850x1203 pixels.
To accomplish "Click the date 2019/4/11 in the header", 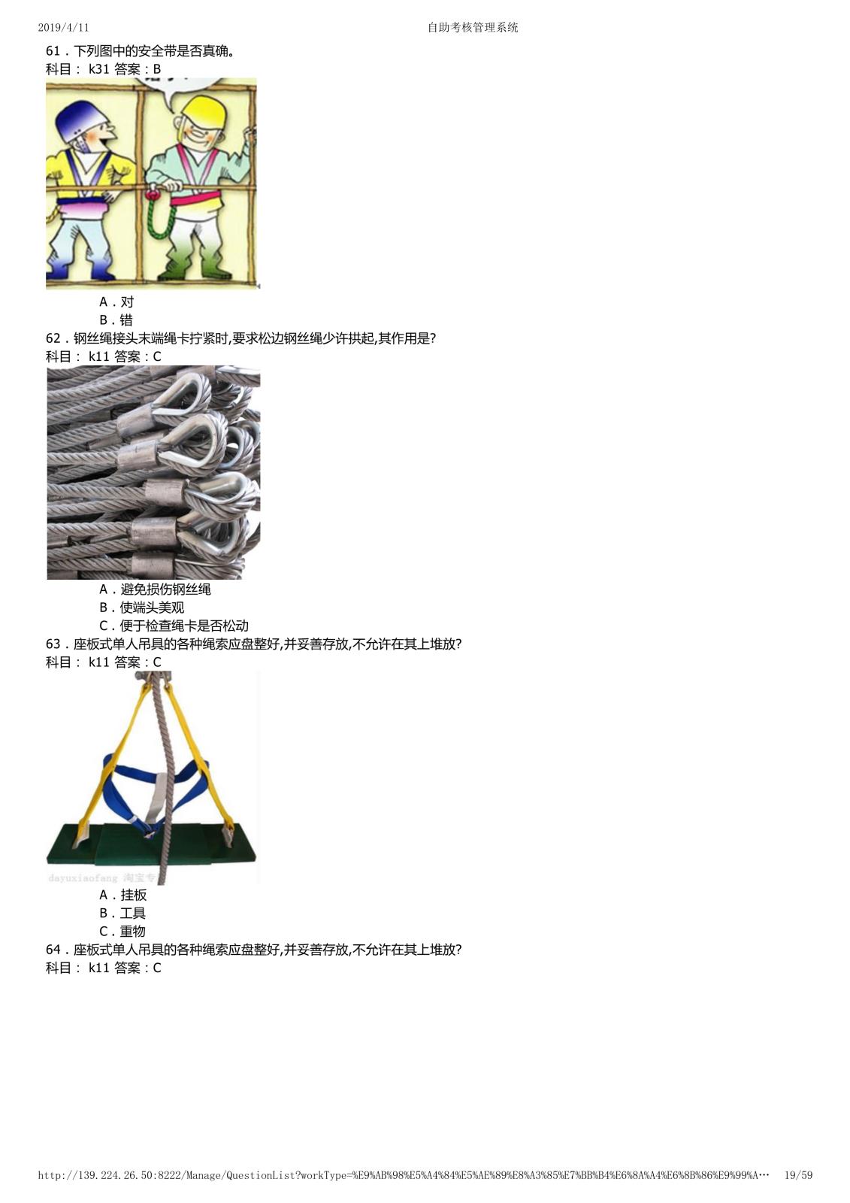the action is click(x=63, y=27).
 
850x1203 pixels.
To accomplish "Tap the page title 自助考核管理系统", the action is click(x=473, y=27).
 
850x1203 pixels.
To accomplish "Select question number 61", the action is click(x=53, y=51).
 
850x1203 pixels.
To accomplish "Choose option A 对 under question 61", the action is click(x=116, y=302).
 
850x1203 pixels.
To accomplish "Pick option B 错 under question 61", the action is click(x=116, y=320).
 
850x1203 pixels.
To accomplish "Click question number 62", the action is click(x=53, y=338).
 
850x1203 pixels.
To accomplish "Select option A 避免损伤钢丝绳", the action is click(x=155, y=589).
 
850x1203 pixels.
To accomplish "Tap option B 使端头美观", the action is click(x=142, y=608).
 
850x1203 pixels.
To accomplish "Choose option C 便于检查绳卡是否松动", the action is click(x=174, y=626).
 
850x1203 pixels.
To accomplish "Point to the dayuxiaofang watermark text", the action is click(x=83, y=878).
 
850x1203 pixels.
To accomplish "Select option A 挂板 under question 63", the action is click(x=123, y=895).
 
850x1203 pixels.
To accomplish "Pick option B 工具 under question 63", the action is click(x=123, y=913).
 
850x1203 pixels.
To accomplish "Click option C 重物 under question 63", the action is click(x=123, y=932).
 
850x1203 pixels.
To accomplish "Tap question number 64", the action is click(x=53, y=950).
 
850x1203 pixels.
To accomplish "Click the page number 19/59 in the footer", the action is click(x=798, y=1175).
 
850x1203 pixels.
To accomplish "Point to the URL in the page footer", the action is click(x=404, y=1175).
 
